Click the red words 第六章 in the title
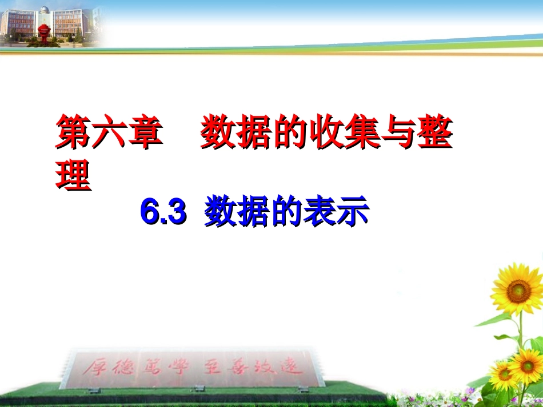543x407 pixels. [x=109, y=133]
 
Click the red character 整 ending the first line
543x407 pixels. [x=435, y=133]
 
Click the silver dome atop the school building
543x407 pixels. [x=44, y=10]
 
